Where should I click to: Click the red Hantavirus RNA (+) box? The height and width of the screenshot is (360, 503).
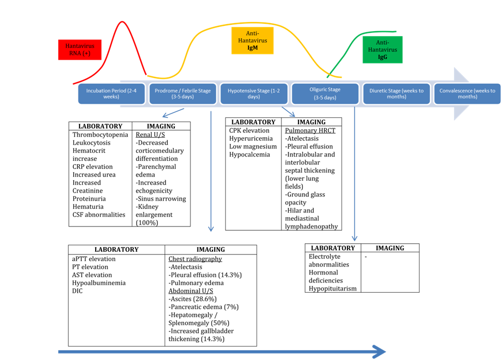80,50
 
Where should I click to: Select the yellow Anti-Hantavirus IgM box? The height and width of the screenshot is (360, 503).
252,41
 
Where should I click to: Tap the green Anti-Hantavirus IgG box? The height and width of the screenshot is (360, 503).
382,50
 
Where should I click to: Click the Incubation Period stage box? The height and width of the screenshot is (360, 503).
111,94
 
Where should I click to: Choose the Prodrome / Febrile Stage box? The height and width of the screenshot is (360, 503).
182,94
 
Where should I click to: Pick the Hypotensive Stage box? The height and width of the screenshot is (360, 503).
254,94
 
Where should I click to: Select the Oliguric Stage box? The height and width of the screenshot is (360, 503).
325,94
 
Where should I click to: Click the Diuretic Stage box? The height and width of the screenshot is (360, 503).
396,94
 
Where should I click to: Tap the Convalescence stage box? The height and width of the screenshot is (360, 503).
467,94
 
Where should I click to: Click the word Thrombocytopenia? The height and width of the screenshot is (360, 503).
100,135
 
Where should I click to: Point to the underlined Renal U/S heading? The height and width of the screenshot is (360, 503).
150,135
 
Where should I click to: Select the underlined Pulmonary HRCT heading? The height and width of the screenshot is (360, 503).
310,131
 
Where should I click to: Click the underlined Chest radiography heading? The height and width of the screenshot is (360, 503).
195,259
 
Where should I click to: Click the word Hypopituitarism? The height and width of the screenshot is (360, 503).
332,288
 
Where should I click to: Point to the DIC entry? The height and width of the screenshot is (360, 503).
77,291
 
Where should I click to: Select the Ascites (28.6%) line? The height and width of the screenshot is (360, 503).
193,299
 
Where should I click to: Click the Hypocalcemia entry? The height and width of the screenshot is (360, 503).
250,154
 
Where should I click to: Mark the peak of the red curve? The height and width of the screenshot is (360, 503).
123,22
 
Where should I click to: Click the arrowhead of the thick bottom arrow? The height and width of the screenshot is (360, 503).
380,352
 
